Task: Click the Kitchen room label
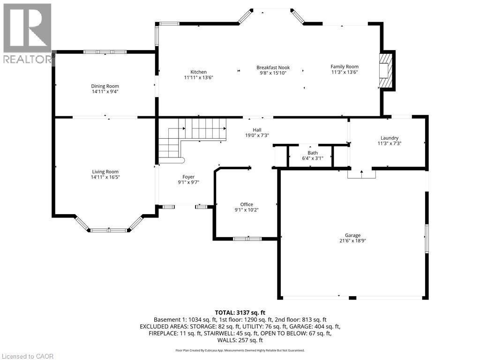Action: tap(198, 72)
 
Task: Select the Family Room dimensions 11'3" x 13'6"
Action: tap(345, 72)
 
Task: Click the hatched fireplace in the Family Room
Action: tap(386, 70)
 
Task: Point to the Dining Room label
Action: tap(105, 86)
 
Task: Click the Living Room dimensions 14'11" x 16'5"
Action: tap(105, 177)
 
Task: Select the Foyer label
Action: tap(188, 177)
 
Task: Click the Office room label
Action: tap(247, 204)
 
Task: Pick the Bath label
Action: tap(313, 153)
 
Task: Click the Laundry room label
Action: tap(389, 138)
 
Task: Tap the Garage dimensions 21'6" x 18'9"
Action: tap(353, 241)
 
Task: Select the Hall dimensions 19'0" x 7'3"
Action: tap(257, 135)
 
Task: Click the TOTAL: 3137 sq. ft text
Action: tap(240, 312)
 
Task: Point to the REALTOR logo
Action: tap(27, 33)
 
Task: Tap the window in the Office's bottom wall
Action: tap(247, 239)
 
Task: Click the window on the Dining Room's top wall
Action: tap(105, 52)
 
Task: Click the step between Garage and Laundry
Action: tap(361, 174)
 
